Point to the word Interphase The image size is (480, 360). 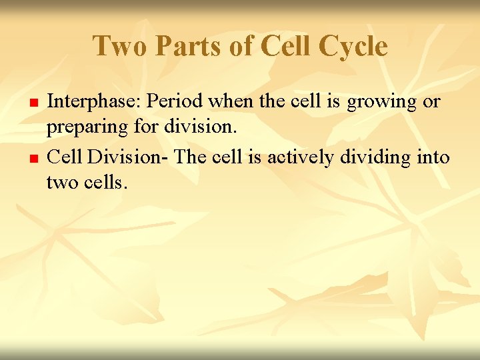pyautogui.click(x=94, y=102)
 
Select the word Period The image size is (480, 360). pyautogui.click(x=174, y=102)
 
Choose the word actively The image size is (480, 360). pyautogui.click(x=301, y=159)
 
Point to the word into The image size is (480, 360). pyautogui.click(x=434, y=158)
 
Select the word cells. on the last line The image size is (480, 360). pyautogui.click(x=103, y=181)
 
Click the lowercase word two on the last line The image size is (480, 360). pyautogui.click(x=61, y=181)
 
